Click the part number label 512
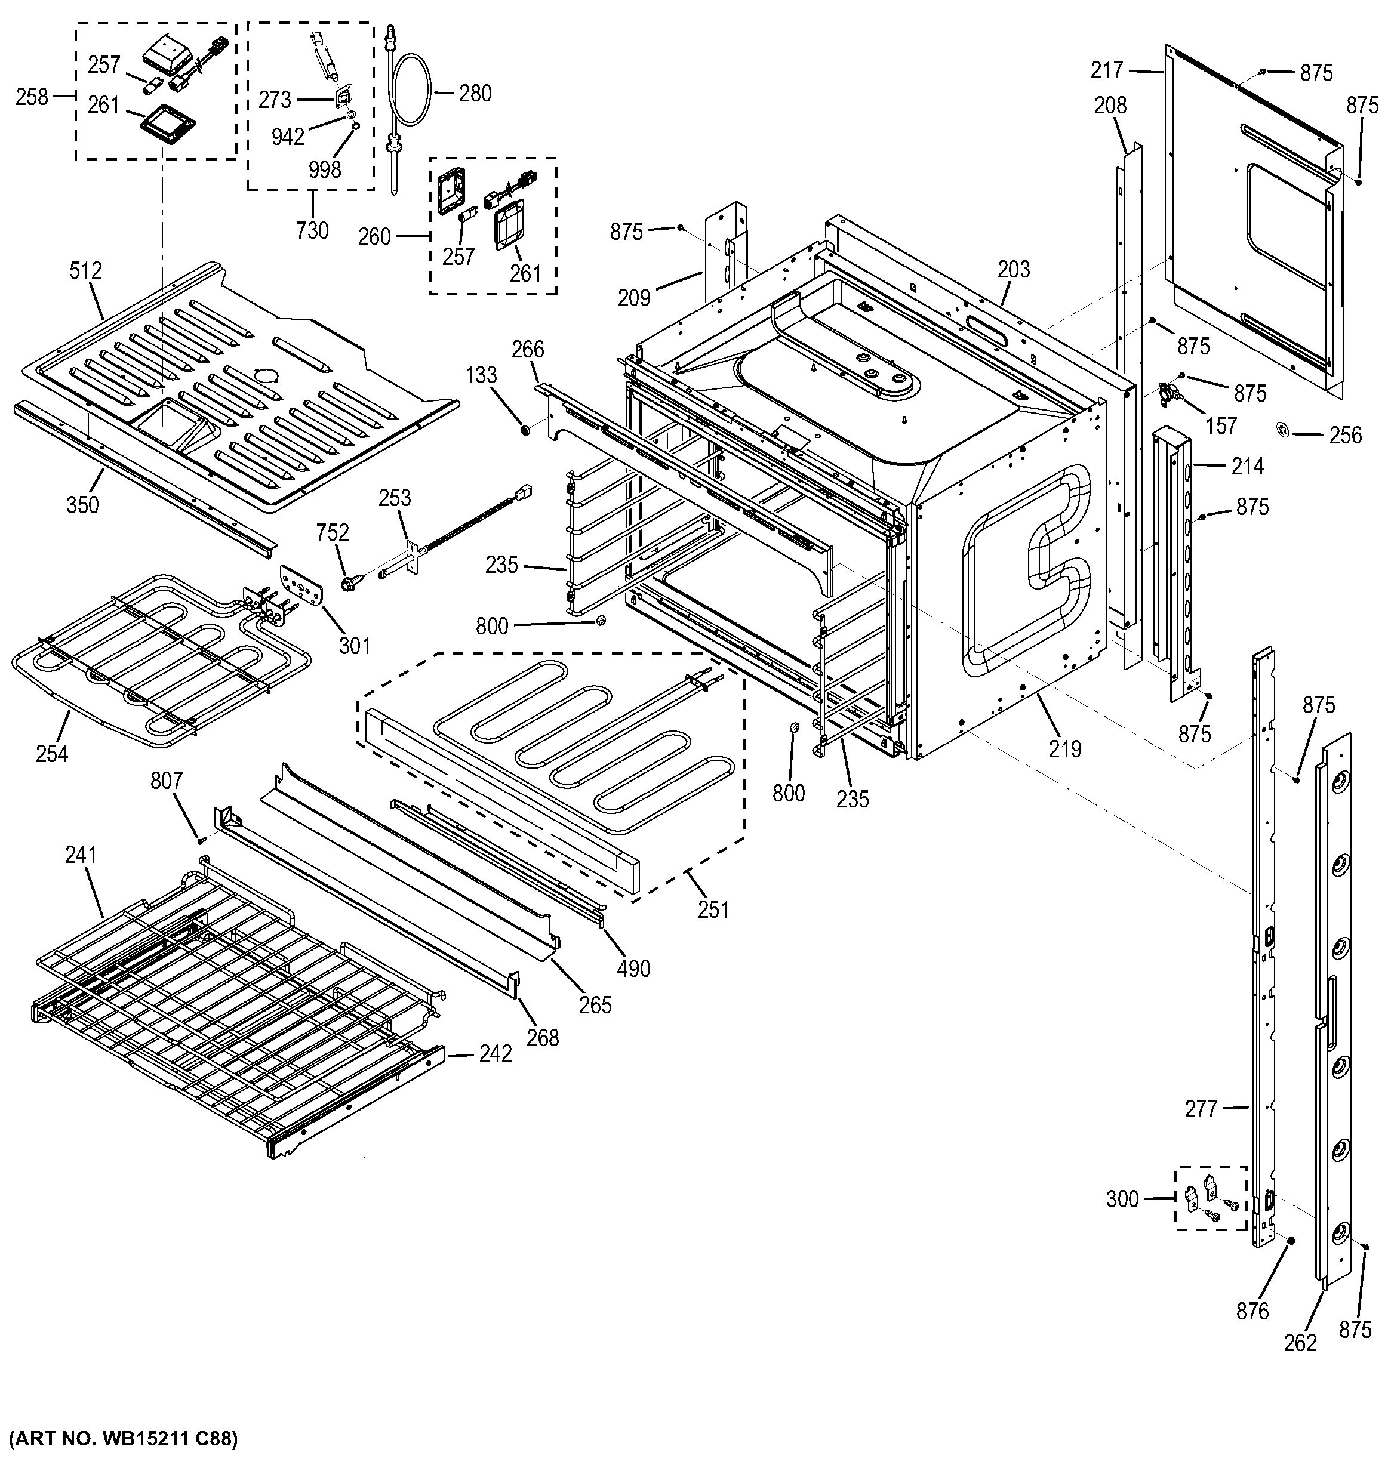tap(85, 270)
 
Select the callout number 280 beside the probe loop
tap(475, 94)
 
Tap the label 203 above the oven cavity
tap(1014, 269)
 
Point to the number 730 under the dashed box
tap(312, 230)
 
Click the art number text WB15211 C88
tap(122, 1439)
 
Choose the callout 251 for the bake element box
tap(713, 909)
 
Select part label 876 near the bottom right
tap(1252, 1311)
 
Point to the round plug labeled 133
tap(526, 430)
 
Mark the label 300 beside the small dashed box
tap(1122, 1198)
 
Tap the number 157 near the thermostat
tap(1221, 425)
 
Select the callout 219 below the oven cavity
tap(1065, 749)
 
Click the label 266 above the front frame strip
tap(528, 349)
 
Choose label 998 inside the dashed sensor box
tap(325, 169)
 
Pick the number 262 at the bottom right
tap(1300, 1343)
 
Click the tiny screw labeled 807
tap(200, 840)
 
